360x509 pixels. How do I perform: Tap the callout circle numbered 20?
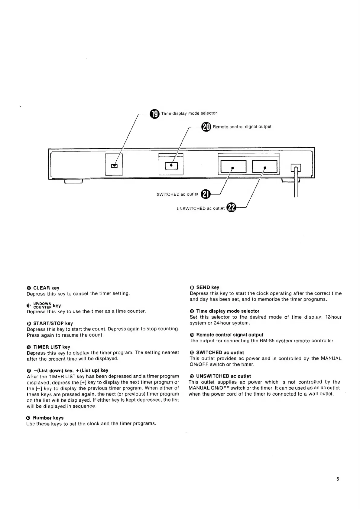pos(206,127)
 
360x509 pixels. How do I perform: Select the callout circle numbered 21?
pos(206,194)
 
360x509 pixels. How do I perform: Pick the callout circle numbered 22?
pos(232,208)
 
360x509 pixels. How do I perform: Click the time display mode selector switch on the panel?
pos(114,166)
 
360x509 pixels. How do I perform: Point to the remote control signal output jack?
pos(171,165)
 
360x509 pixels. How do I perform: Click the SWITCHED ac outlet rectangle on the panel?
pos(233,167)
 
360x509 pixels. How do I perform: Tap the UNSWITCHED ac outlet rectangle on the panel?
pos(265,167)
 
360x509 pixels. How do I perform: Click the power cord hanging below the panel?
pos(296,188)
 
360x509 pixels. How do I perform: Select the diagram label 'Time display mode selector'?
pos(189,113)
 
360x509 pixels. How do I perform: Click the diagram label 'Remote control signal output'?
pos(242,127)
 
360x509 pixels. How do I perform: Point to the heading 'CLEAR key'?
pos(46,288)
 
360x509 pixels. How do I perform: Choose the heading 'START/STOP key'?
pos(53,323)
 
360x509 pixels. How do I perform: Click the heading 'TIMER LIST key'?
pos(51,347)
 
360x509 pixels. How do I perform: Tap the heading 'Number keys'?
pos(48,418)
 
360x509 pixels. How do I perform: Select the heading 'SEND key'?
pos(208,287)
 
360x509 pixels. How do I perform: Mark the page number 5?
pos(338,479)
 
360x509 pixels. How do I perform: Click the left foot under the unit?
pos(73,181)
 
